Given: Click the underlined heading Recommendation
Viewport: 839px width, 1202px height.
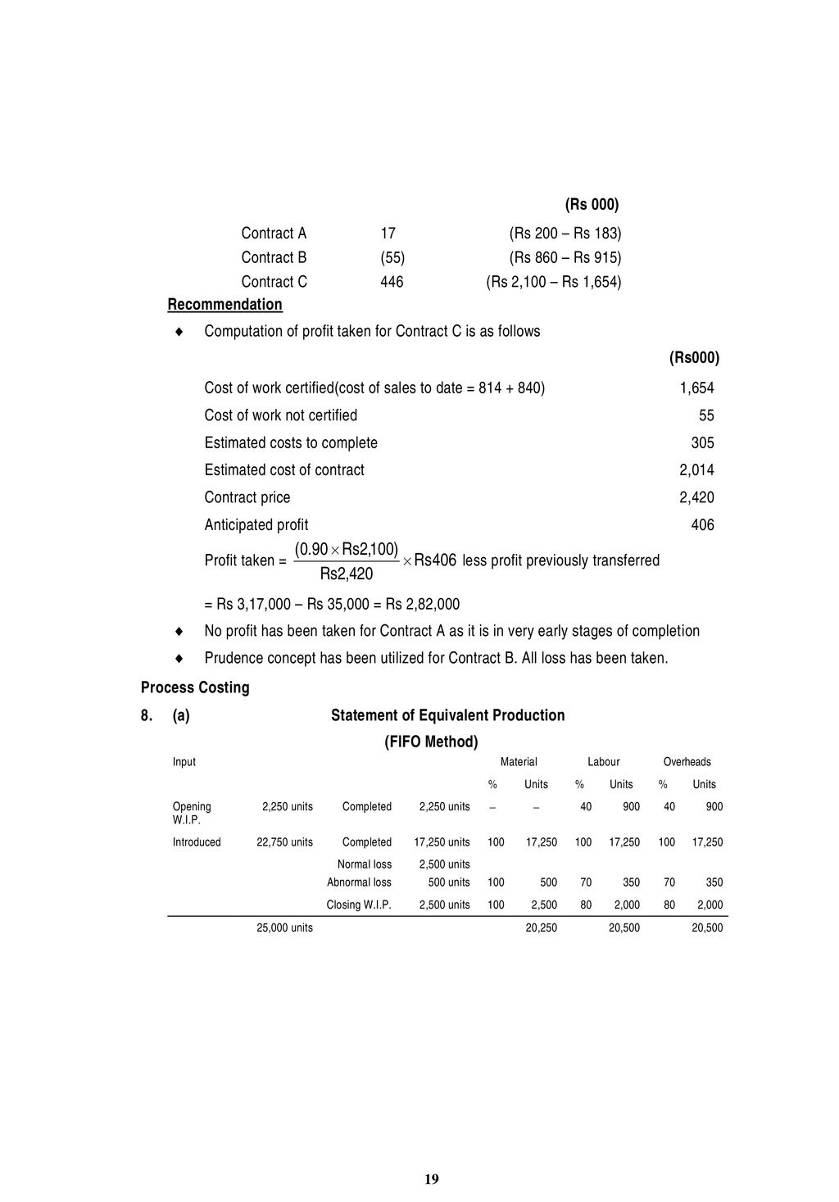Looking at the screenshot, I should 224,305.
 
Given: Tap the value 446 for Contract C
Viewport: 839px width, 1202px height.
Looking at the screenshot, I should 392,282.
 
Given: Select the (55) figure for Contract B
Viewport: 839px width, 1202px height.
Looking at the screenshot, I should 392,257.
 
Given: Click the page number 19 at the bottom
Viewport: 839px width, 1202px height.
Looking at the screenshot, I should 432,1179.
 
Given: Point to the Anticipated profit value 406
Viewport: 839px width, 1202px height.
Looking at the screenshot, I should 702,525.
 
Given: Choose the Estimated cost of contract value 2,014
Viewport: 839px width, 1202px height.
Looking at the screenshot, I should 696,470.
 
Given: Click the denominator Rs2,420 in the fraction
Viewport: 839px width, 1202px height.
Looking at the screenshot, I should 346,574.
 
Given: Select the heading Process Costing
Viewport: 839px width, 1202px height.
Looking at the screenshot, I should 195,687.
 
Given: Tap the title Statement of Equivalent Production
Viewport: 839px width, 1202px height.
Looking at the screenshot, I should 447,715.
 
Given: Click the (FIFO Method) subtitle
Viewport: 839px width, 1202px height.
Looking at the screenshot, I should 431,742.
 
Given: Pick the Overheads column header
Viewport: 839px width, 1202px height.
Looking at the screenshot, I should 687,762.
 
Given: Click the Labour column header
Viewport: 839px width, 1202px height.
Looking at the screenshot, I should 603,762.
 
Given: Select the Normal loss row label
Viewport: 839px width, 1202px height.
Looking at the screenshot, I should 364,864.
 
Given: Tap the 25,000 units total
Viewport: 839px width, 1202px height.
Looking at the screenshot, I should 284,928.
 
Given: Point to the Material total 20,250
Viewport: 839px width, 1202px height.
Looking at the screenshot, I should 541,928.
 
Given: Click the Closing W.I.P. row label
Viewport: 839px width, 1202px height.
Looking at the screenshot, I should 359,905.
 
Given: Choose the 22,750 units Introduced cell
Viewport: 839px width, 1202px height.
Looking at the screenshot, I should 284,842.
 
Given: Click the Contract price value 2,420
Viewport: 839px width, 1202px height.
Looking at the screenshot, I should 696,497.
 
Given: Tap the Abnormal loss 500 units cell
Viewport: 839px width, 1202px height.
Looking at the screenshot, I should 449,882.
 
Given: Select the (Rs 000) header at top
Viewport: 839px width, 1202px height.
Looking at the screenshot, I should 592,204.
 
